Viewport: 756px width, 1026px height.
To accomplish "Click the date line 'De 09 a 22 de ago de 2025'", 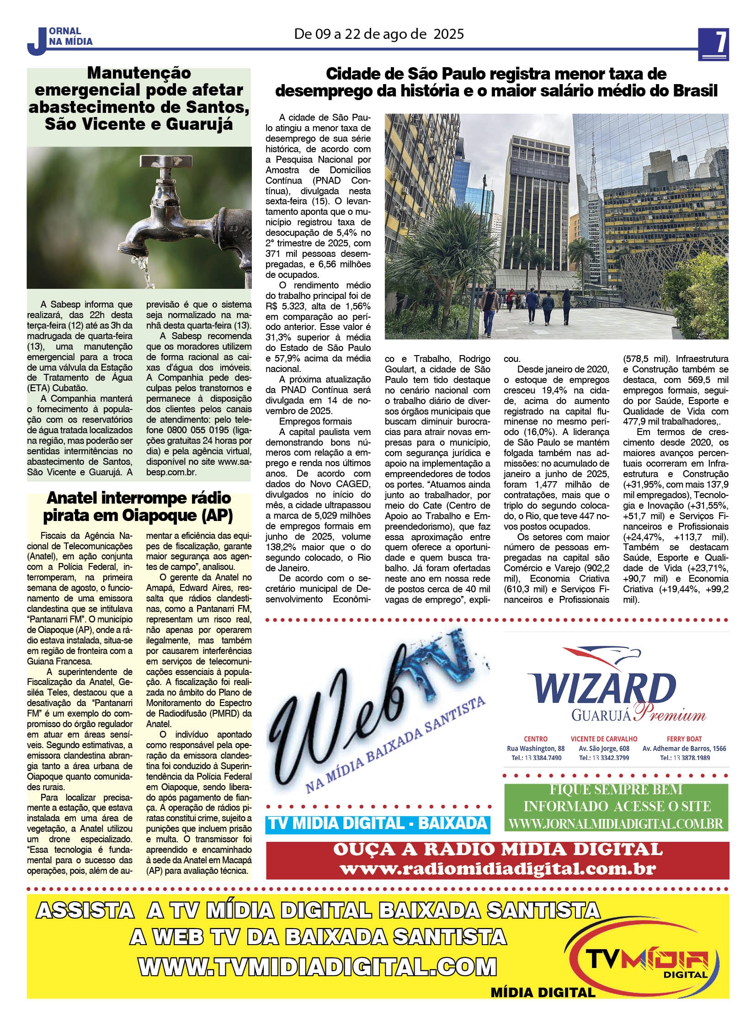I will pyautogui.click(x=378, y=34).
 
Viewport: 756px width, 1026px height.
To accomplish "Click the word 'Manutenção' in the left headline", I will pyautogui.click(x=138, y=73).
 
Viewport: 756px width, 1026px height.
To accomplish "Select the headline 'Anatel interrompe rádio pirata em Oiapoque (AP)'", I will pyautogui.click(x=138, y=506).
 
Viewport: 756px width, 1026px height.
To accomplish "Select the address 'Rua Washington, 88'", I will pyautogui.click(x=535, y=748).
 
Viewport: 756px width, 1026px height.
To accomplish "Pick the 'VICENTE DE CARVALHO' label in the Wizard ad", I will pyautogui.click(x=604, y=739).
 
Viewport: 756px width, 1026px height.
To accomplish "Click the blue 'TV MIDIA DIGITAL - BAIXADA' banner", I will pyautogui.click(x=378, y=823).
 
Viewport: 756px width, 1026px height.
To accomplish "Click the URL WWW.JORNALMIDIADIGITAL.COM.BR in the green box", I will pyautogui.click(x=616, y=824).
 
